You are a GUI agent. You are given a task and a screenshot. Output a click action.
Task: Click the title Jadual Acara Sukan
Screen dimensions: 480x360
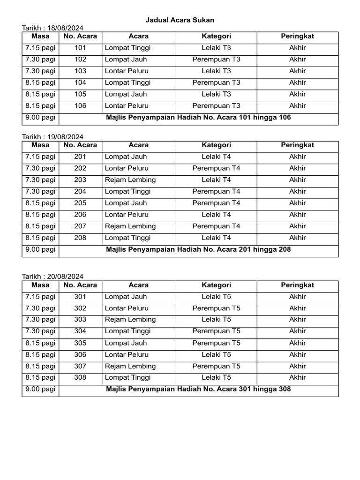(x=180, y=20)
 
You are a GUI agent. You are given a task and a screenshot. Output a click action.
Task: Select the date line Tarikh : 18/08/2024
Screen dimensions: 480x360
(x=52, y=28)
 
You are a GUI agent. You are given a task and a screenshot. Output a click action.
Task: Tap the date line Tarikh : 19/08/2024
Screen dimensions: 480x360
(x=52, y=137)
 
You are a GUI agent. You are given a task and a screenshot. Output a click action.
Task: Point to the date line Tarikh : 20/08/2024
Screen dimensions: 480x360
(x=52, y=277)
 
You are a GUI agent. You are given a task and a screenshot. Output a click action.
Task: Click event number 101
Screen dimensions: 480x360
(x=80, y=48)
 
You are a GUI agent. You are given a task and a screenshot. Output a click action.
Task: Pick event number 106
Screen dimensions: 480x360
(x=80, y=106)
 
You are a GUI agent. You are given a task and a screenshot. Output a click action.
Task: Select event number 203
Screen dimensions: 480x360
(x=80, y=180)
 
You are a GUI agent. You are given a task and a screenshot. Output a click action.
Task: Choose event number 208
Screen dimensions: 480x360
(x=80, y=238)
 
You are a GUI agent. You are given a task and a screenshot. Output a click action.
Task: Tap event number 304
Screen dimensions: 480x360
(x=80, y=331)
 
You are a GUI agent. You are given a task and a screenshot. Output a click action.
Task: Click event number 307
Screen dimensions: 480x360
(x=80, y=367)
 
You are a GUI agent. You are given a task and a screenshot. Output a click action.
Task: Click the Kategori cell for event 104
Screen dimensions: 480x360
(x=216, y=83)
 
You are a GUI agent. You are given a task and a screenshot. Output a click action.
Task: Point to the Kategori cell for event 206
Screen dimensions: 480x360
(x=216, y=215)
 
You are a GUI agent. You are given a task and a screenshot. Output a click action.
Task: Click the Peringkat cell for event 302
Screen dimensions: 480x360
(x=297, y=308)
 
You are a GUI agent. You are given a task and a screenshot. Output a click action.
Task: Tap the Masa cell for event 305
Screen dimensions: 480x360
(x=40, y=343)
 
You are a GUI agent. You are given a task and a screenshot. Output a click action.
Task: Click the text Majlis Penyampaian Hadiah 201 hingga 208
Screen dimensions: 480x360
(x=198, y=249)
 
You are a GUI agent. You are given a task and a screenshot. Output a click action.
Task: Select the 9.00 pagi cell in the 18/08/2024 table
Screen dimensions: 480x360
(x=40, y=118)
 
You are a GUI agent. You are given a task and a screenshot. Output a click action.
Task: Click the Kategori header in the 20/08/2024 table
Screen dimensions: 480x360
(x=216, y=285)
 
